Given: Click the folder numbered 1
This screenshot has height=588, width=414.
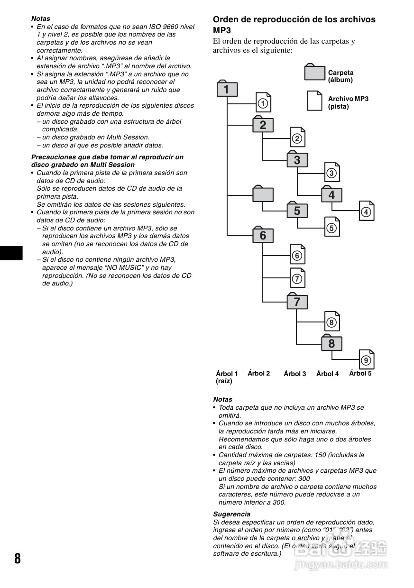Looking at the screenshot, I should (227, 89).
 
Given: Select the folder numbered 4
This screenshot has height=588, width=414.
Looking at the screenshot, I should (331, 195).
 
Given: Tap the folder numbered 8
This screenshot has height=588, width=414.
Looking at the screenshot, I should (331, 343).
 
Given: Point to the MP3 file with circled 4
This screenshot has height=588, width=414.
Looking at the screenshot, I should (366, 211).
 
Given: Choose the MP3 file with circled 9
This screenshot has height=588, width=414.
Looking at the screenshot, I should (366, 360).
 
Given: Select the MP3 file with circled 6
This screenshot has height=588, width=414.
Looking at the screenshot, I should (297, 255).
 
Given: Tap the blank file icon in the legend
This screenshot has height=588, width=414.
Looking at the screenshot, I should (314, 101).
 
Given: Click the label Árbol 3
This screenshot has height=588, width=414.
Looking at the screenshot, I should (295, 374).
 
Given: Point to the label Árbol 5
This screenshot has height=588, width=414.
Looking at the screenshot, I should (360, 373).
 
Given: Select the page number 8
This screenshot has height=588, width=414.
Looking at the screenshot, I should (18, 558).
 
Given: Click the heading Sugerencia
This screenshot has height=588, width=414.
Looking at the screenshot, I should (231, 514).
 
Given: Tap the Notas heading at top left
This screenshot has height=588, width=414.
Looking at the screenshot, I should (40, 19).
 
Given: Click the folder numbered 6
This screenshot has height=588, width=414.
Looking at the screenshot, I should (263, 235).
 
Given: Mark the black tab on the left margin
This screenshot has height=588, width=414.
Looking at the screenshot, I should (11, 253).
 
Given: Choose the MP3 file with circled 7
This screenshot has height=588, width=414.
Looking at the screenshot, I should (297, 278).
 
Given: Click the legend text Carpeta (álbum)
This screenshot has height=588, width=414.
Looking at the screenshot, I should (341, 76).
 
